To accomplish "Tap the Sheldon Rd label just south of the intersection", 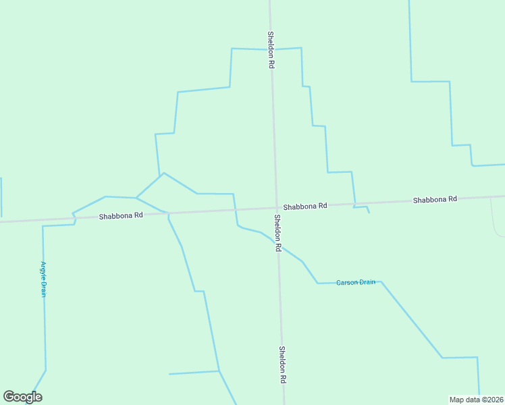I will tap(277, 233).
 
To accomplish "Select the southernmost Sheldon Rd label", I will tap(282, 365).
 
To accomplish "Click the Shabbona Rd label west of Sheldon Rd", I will tap(121, 216).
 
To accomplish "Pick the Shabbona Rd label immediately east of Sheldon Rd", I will tap(305, 205).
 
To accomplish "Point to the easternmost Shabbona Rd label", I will tap(435, 199).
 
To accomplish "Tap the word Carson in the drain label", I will tap(348, 282).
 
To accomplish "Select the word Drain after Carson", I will tap(367, 282).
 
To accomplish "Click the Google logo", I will tap(23, 397).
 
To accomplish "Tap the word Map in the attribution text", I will tap(458, 400).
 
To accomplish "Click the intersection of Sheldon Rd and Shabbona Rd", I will tap(276, 208).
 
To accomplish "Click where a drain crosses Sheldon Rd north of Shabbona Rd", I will tap(271, 49).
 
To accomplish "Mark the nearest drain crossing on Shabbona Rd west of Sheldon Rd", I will tap(235, 210).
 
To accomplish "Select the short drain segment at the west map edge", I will tap(1, 196).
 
